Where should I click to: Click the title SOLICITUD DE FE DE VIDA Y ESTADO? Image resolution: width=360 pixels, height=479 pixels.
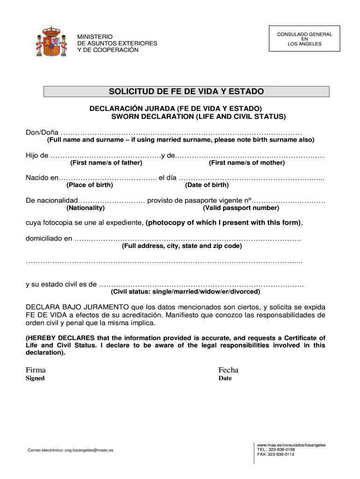186,91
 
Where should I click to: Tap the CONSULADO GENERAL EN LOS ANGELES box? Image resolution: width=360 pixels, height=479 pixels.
304,39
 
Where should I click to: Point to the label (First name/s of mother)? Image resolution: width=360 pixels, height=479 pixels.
246,163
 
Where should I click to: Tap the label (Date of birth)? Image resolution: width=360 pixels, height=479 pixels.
207,185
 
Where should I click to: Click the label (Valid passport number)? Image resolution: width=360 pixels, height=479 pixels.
241,208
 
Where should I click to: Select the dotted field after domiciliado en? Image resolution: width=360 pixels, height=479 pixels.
187,239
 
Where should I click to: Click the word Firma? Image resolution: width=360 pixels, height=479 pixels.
36,370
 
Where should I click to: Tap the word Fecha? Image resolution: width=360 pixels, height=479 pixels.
228,370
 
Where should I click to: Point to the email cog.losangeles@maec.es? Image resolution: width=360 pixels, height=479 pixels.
89,450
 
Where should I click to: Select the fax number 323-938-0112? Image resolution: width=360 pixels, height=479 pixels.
281,454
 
